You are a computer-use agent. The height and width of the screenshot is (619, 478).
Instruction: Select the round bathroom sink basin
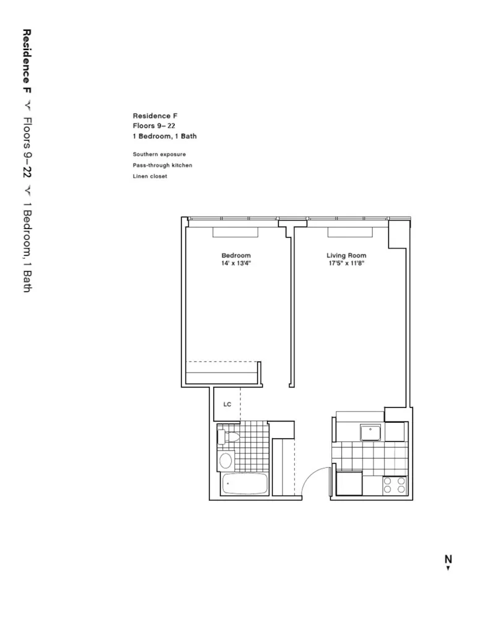pyautogui.click(x=226, y=460)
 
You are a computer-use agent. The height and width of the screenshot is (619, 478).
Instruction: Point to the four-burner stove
pyautogui.click(x=395, y=485)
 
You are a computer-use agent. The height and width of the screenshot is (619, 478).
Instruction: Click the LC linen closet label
pyautogui.click(x=227, y=404)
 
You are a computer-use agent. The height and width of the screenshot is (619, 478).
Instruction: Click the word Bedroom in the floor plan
pyautogui.click(x=236, y=256)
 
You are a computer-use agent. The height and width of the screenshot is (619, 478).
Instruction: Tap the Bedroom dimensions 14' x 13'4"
pyautogui.click(x=236, y=263)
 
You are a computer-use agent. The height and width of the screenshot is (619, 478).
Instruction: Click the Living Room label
pyautogui.click(x=346, y=256)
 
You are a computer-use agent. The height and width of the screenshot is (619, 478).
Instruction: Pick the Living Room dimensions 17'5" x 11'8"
pyautogui.click(x=346, y=263)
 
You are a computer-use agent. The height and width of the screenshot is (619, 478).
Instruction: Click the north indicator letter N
pyautogui.click(x=448, y=559)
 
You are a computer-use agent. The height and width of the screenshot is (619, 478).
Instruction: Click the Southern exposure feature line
pyautogui.click(x=159, y=154)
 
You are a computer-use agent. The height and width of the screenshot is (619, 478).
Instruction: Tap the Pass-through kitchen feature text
pyautogui.click(x=162, y=165)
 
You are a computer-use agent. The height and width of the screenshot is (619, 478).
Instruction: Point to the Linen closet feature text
pyautogui.click(x=150, y=176)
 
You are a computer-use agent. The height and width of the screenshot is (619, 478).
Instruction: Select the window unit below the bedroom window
pyautogui.click(x=236, y=232)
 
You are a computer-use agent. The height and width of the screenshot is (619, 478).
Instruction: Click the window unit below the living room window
pyautogui.click(x=351, y=232)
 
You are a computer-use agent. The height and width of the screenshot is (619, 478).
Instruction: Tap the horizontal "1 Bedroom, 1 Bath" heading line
pyautogui.click(x=164, y=136)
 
